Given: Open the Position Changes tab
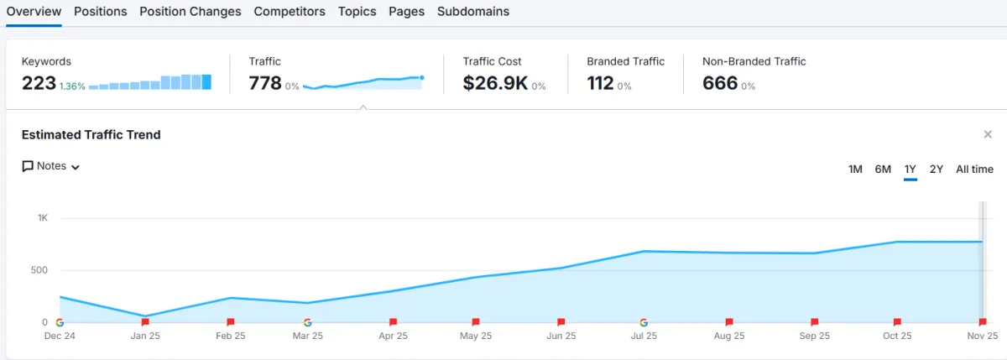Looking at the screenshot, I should pos(190,12).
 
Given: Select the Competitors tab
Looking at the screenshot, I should pos(290,12).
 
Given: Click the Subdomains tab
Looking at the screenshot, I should pos(473,12).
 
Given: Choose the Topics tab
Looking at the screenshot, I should pos(357,12).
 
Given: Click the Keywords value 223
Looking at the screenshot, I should pos(39,83).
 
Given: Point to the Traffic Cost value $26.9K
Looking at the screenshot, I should pos(494,83).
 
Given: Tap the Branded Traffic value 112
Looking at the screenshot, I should pos(601,83).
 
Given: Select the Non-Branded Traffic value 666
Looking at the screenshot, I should pos(720,83).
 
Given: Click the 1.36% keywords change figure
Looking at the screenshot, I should pos(72,86).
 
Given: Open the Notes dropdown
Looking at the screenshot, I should pos(51,166).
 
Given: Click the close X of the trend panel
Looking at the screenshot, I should pos(988,134).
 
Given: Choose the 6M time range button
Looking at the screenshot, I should pos(883,170).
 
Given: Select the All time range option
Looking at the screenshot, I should pos(974,170).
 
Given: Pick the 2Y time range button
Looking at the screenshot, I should pos(937,170).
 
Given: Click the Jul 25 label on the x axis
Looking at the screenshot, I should pos(644,336).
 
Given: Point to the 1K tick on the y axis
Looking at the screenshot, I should pos(43,218).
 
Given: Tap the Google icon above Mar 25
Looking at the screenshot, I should pos(308,322).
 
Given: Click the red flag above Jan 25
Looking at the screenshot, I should pos(145,322).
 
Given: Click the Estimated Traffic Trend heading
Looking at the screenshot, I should pos(91,134).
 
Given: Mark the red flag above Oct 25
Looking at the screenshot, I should pos(897,322).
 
